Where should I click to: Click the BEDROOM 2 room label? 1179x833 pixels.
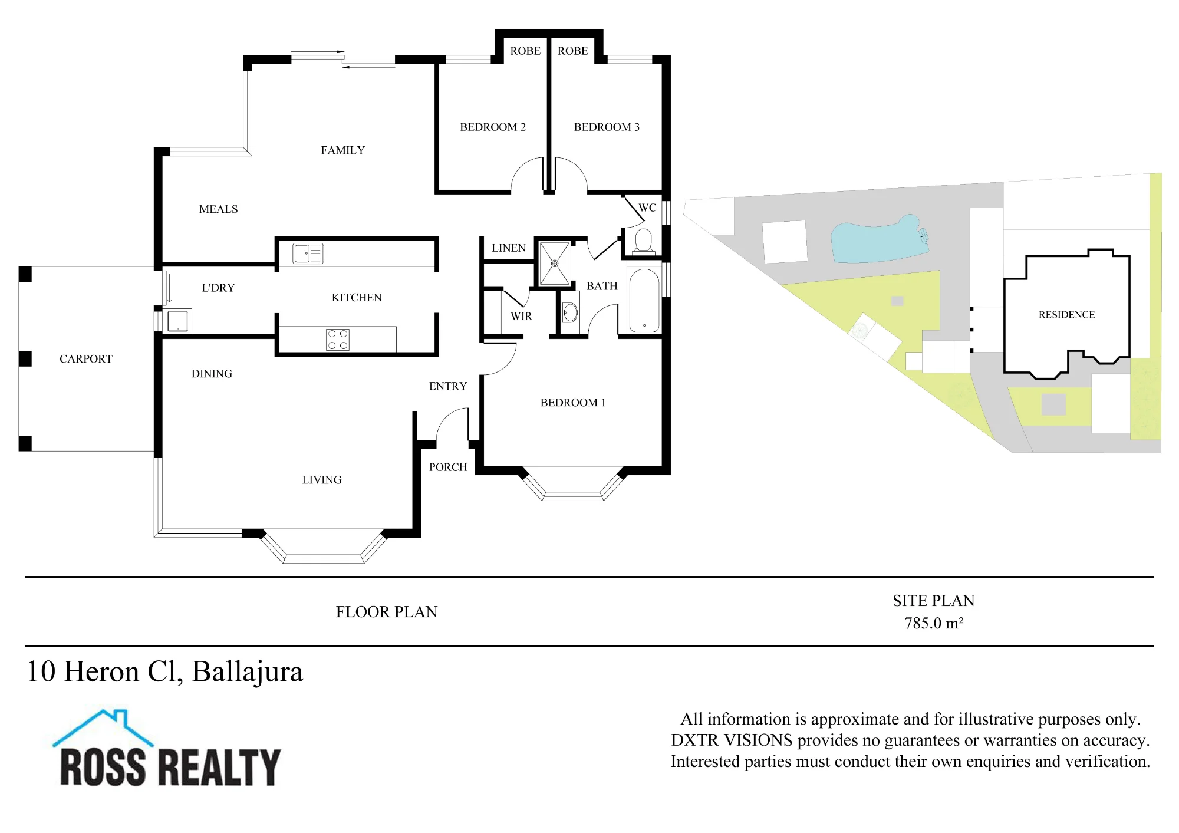pos(492,127)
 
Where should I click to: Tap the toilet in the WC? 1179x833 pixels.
pos(643,242)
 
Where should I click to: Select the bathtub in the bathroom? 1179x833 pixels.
pos(644,301)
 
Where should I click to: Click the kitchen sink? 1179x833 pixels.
pos(308,253)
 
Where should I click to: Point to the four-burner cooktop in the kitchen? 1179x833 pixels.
pos(338,340)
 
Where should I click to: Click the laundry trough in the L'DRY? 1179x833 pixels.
pos(177,321)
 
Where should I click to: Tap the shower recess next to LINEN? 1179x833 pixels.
pos(555,264)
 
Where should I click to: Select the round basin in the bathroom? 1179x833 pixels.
pos(570,312)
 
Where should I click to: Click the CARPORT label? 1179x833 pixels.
pos(85,359)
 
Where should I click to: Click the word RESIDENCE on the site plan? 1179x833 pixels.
pos(1066,315)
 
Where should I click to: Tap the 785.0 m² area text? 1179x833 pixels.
pos(934,623)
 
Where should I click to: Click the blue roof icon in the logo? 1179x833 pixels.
pos(103,727)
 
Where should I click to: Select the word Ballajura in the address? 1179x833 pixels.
pos(248,672)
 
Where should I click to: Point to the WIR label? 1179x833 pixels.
pos(521,317)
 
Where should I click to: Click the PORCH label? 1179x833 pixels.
pos(448,467)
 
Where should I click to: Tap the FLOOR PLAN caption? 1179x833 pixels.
pos(387,612)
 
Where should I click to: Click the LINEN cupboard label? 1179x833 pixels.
pos(509,248)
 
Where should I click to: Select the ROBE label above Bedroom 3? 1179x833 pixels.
pos(572,51)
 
